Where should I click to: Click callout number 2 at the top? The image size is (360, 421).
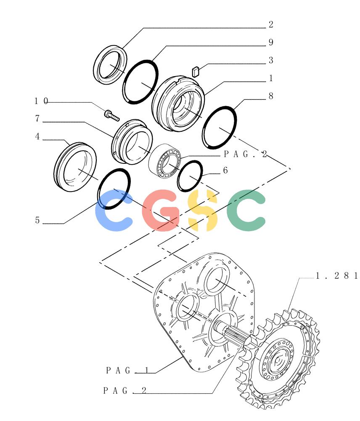tap(271, 24)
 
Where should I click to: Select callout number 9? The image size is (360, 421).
tap(271, 42)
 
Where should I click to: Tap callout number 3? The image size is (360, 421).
tap(271, 60)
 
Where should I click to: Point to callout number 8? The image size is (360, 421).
tap(271, 96)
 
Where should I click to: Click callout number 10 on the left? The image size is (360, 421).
tap(41, 101)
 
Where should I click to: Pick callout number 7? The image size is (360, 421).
tap(37, 118)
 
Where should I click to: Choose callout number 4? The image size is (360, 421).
tap(37, 136)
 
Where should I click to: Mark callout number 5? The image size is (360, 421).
tap(37, 220)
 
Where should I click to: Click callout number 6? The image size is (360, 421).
tap(225, 170)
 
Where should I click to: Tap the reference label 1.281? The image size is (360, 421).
tap(337, 276)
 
